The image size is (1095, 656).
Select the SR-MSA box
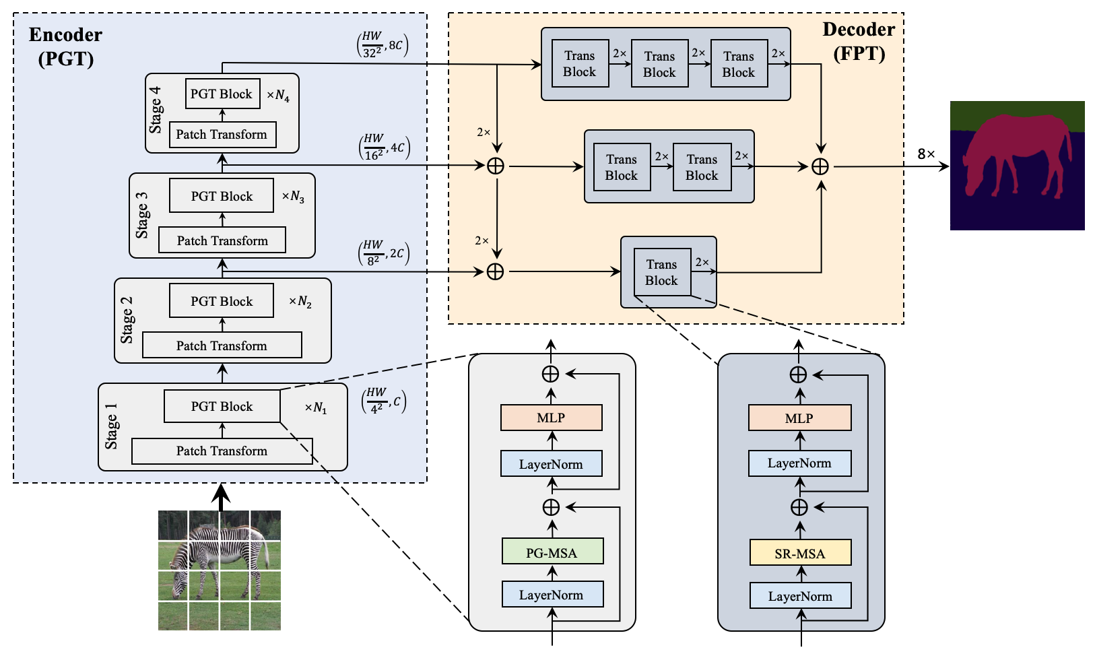click(x=800, y=553)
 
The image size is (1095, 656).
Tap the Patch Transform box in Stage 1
click(x=222, y=451)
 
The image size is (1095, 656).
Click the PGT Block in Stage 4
click(x=221, y=94)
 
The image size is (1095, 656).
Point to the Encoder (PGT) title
click(x=65, y=46)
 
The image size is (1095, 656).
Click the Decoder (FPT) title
click(x=859, y=41)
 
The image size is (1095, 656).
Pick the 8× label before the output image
click(x=926, y=154)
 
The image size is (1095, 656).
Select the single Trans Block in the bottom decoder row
click(x=662, y=272)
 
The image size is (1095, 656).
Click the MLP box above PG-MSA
click(x=551, y=418)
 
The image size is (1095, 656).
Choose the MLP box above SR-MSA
click(x=799, y=418)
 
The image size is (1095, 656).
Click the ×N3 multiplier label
click(x=293, y=197)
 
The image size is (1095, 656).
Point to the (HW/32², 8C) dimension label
click(x=383, y=45)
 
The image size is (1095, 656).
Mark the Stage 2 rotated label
click(x=127, y=319)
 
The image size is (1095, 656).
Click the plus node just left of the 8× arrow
click(x=820, y=166)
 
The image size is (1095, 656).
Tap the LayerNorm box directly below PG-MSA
click(x=552, y=594)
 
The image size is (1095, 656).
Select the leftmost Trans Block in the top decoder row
click(x=580, y=64)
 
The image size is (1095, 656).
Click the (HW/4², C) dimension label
click(x=384, y=400)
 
